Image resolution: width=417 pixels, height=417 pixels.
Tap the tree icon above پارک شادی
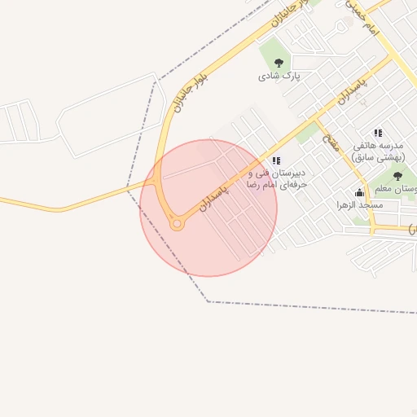pyautogui.click(x=279, y=62)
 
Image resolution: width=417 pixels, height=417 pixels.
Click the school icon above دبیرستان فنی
pyautogui.click(x=276, y=160)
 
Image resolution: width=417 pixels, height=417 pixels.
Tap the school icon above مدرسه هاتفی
pyautogui.click(x=378, y=132)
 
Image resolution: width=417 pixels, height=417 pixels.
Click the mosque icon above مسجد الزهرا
pyautogui.click(x=360, y=192)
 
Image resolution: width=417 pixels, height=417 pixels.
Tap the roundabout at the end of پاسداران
pyautogui.click(x=176, y=224)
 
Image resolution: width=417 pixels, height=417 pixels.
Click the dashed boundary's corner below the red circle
pyautogui.click(x=208, y=302)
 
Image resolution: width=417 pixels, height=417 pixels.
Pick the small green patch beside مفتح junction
pyautogui.click(x=306, y=134)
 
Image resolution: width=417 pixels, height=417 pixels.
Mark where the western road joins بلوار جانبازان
pyautogui.click(x=155, y=182)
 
